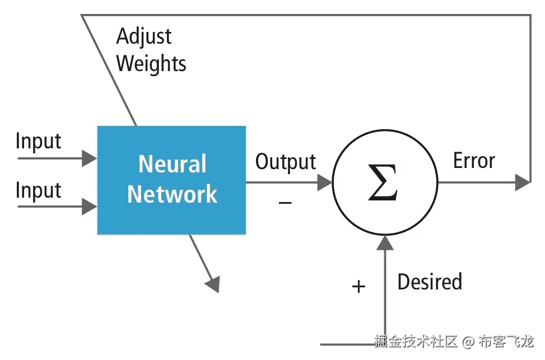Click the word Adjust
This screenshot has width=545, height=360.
[x=143, y=37]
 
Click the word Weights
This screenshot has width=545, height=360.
[x=151, y=64]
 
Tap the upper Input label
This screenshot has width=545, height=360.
[x=38, y=142]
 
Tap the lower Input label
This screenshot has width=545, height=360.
[x=38, y=190]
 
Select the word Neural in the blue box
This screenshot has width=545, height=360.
[x=173, y=163]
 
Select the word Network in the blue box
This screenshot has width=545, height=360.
[x=172, y=194]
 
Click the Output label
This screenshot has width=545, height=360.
[x=286, y=162]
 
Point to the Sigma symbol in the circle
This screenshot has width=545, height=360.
[x=383, y=182]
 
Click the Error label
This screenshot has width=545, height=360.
[x=474, y=161]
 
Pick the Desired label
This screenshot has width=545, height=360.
[x=430, y=282]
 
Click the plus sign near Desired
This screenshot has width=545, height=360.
[x=358, y=287]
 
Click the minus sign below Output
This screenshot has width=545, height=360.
[x=285, y=203]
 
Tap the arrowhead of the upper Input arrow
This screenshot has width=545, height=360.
[x=89, y=158]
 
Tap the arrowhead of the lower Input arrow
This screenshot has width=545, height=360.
[x=89, y=207]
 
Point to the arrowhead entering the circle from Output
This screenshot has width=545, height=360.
[x=325, y=183]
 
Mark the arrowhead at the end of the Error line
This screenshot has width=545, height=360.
[x=523, y=183]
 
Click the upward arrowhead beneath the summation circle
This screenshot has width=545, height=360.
[x=385, y=243]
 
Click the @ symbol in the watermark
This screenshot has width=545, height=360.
[x=468, y=342]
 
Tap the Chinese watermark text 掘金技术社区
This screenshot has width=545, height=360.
[x=416, y=341]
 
